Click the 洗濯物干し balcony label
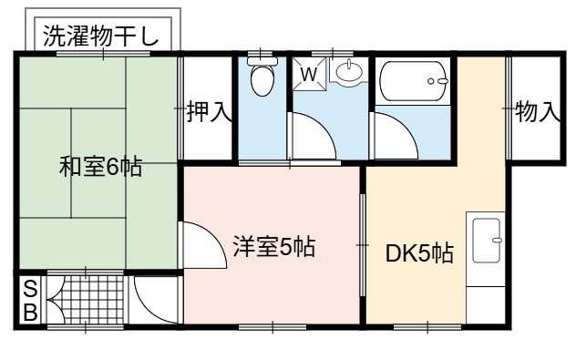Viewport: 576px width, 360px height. [x=101, y=36]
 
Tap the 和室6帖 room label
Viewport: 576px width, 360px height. [x=100, y=167]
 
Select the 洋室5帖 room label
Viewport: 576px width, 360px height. [x=274, y=246]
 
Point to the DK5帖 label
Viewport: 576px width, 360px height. [x=419, y=253]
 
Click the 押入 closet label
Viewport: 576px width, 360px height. [x=209, y=111]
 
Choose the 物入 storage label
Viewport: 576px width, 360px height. [x=538, y=111]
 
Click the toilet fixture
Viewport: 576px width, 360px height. [x=262, y=77]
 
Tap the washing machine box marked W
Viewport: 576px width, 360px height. [x=309, y=74]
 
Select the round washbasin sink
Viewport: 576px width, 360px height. [x=349, y=71]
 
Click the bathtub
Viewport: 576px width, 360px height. [x=413, y=81]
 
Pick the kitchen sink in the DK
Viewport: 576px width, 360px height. [x=486, y=241]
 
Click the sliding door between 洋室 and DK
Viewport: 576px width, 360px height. [x=363, y=244]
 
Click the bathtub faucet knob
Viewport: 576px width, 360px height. [x=431, y=81]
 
